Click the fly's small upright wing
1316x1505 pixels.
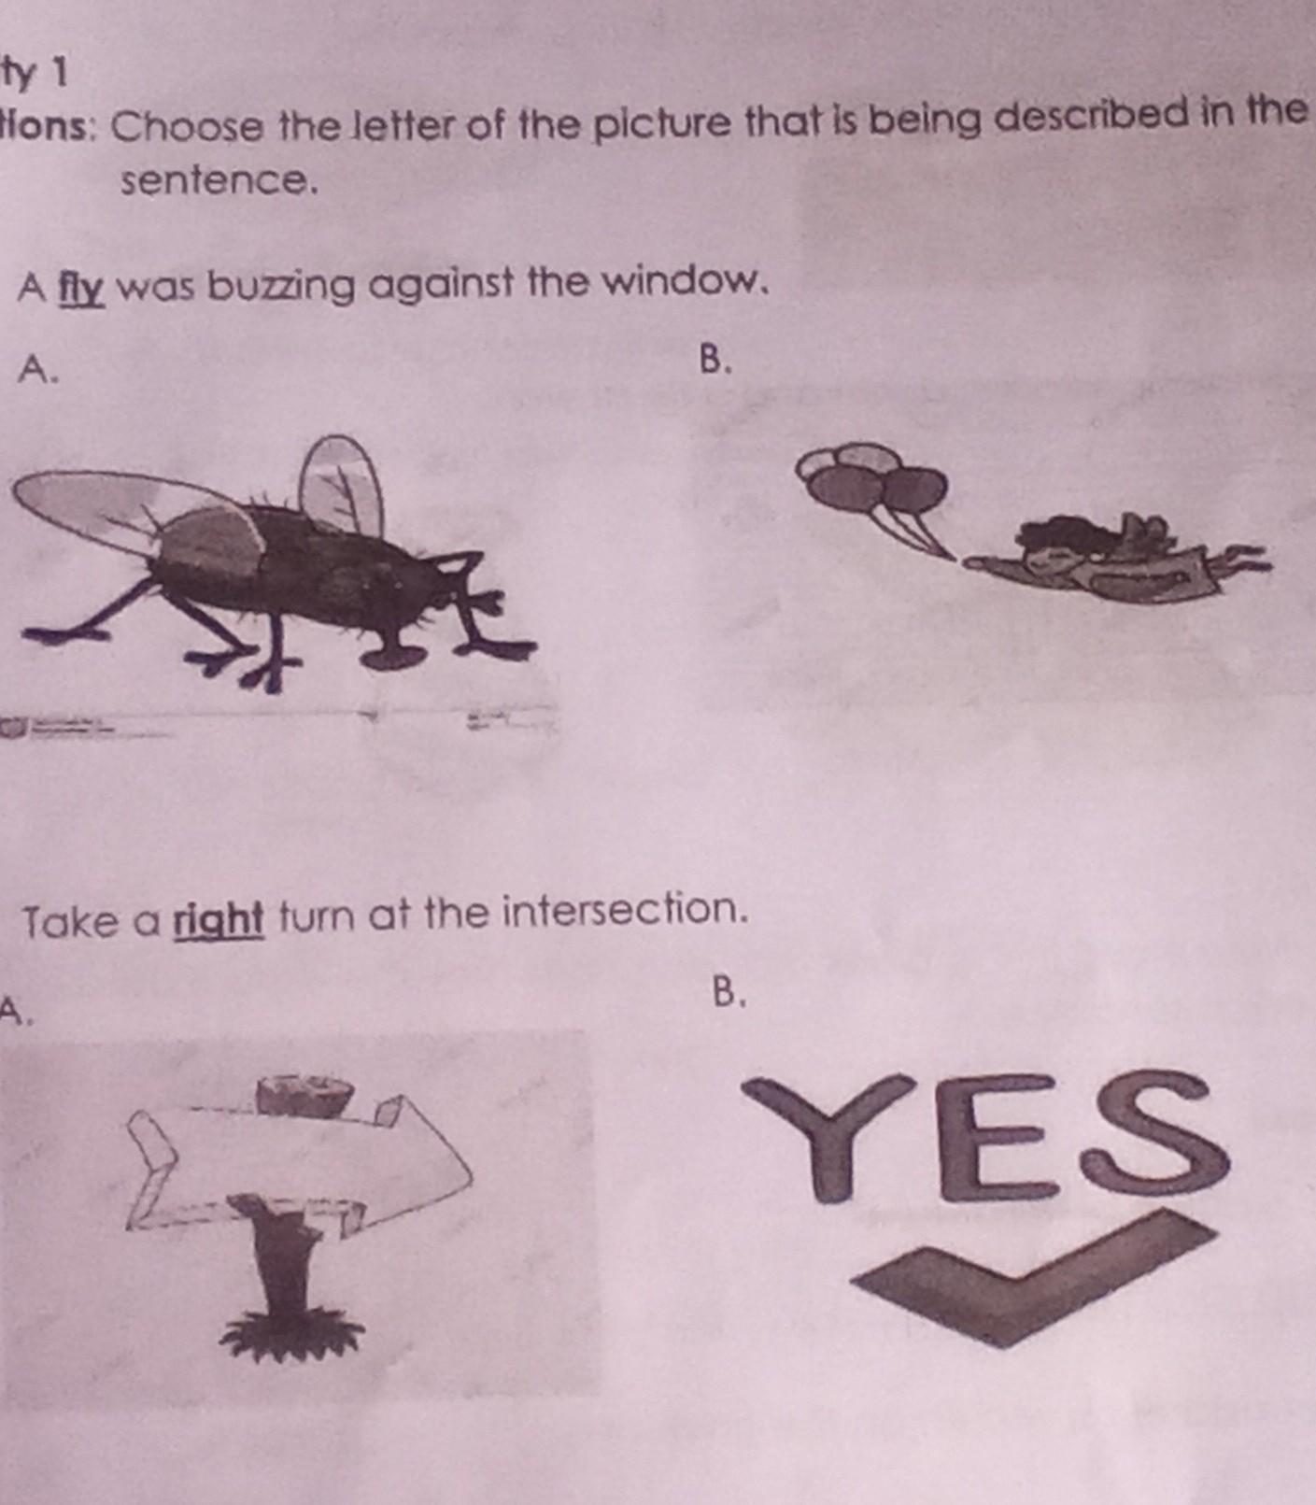click(340, 486)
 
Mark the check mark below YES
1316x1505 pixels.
click(1037, 1276)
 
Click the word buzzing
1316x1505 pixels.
click(281, 287)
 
